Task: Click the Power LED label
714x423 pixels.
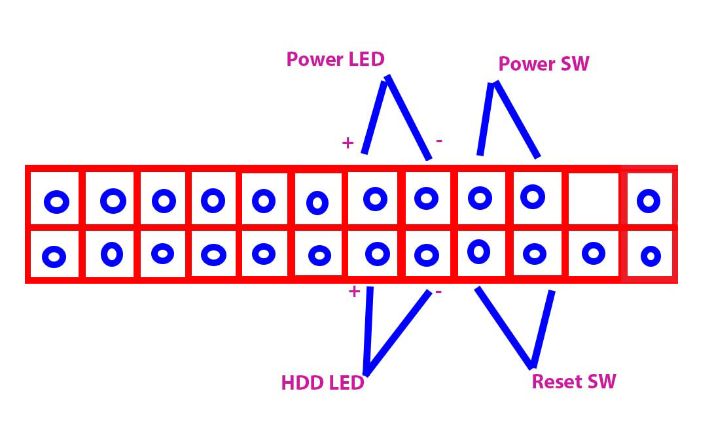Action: pos(335,59)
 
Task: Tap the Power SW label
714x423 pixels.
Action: pos(543,63)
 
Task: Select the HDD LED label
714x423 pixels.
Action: pos(322,382)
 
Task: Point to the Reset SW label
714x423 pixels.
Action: pos(574,381)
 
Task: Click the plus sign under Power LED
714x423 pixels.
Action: pos(348,143)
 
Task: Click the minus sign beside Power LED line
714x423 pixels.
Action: pos(438,141)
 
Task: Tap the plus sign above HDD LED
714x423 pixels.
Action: pos(354,292)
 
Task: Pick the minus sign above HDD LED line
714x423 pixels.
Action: pos(438,292)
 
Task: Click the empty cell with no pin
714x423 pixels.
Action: pos(593,199)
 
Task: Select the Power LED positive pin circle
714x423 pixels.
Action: pos(375,198)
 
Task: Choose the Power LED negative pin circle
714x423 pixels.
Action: pos(427,197)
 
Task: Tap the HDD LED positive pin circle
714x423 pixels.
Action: pos(376,253)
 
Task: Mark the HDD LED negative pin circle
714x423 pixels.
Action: pos(427,254)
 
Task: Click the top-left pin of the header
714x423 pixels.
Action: pos(56,202)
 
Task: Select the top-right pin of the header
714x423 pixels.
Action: pos(648,201)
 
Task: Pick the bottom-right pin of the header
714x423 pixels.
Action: pos(650,256)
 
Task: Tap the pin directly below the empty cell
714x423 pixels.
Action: pos(593,252)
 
